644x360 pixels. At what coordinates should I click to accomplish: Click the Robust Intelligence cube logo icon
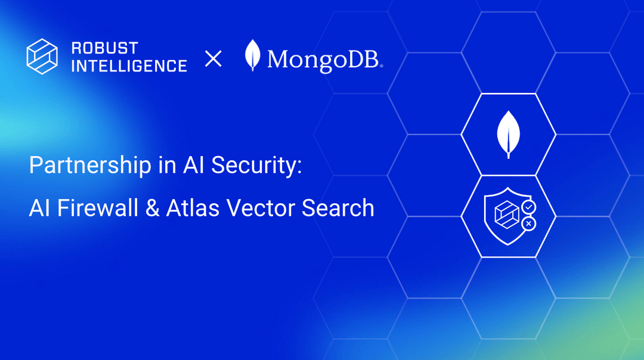42,57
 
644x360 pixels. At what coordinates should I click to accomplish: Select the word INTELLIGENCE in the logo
129,66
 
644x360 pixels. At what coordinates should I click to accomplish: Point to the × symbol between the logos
213,58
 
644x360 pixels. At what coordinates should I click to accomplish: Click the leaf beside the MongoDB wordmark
253,56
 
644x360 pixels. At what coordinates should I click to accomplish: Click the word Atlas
186,208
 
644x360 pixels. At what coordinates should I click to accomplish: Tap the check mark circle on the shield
528,207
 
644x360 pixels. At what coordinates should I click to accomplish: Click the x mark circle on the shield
528,224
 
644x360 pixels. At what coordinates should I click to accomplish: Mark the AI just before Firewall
40,208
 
